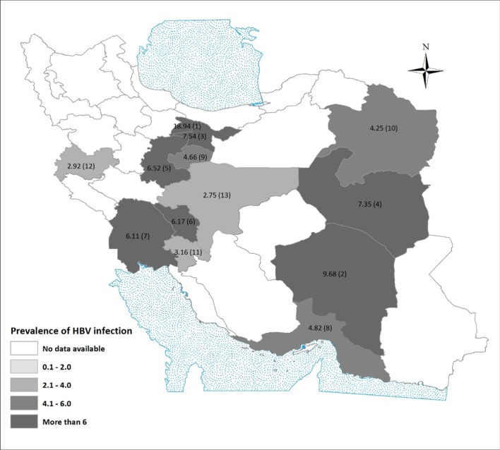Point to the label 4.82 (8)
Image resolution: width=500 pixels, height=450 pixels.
[x=325, y=329]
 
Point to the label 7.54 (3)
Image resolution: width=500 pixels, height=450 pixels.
[x=194, y=135]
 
